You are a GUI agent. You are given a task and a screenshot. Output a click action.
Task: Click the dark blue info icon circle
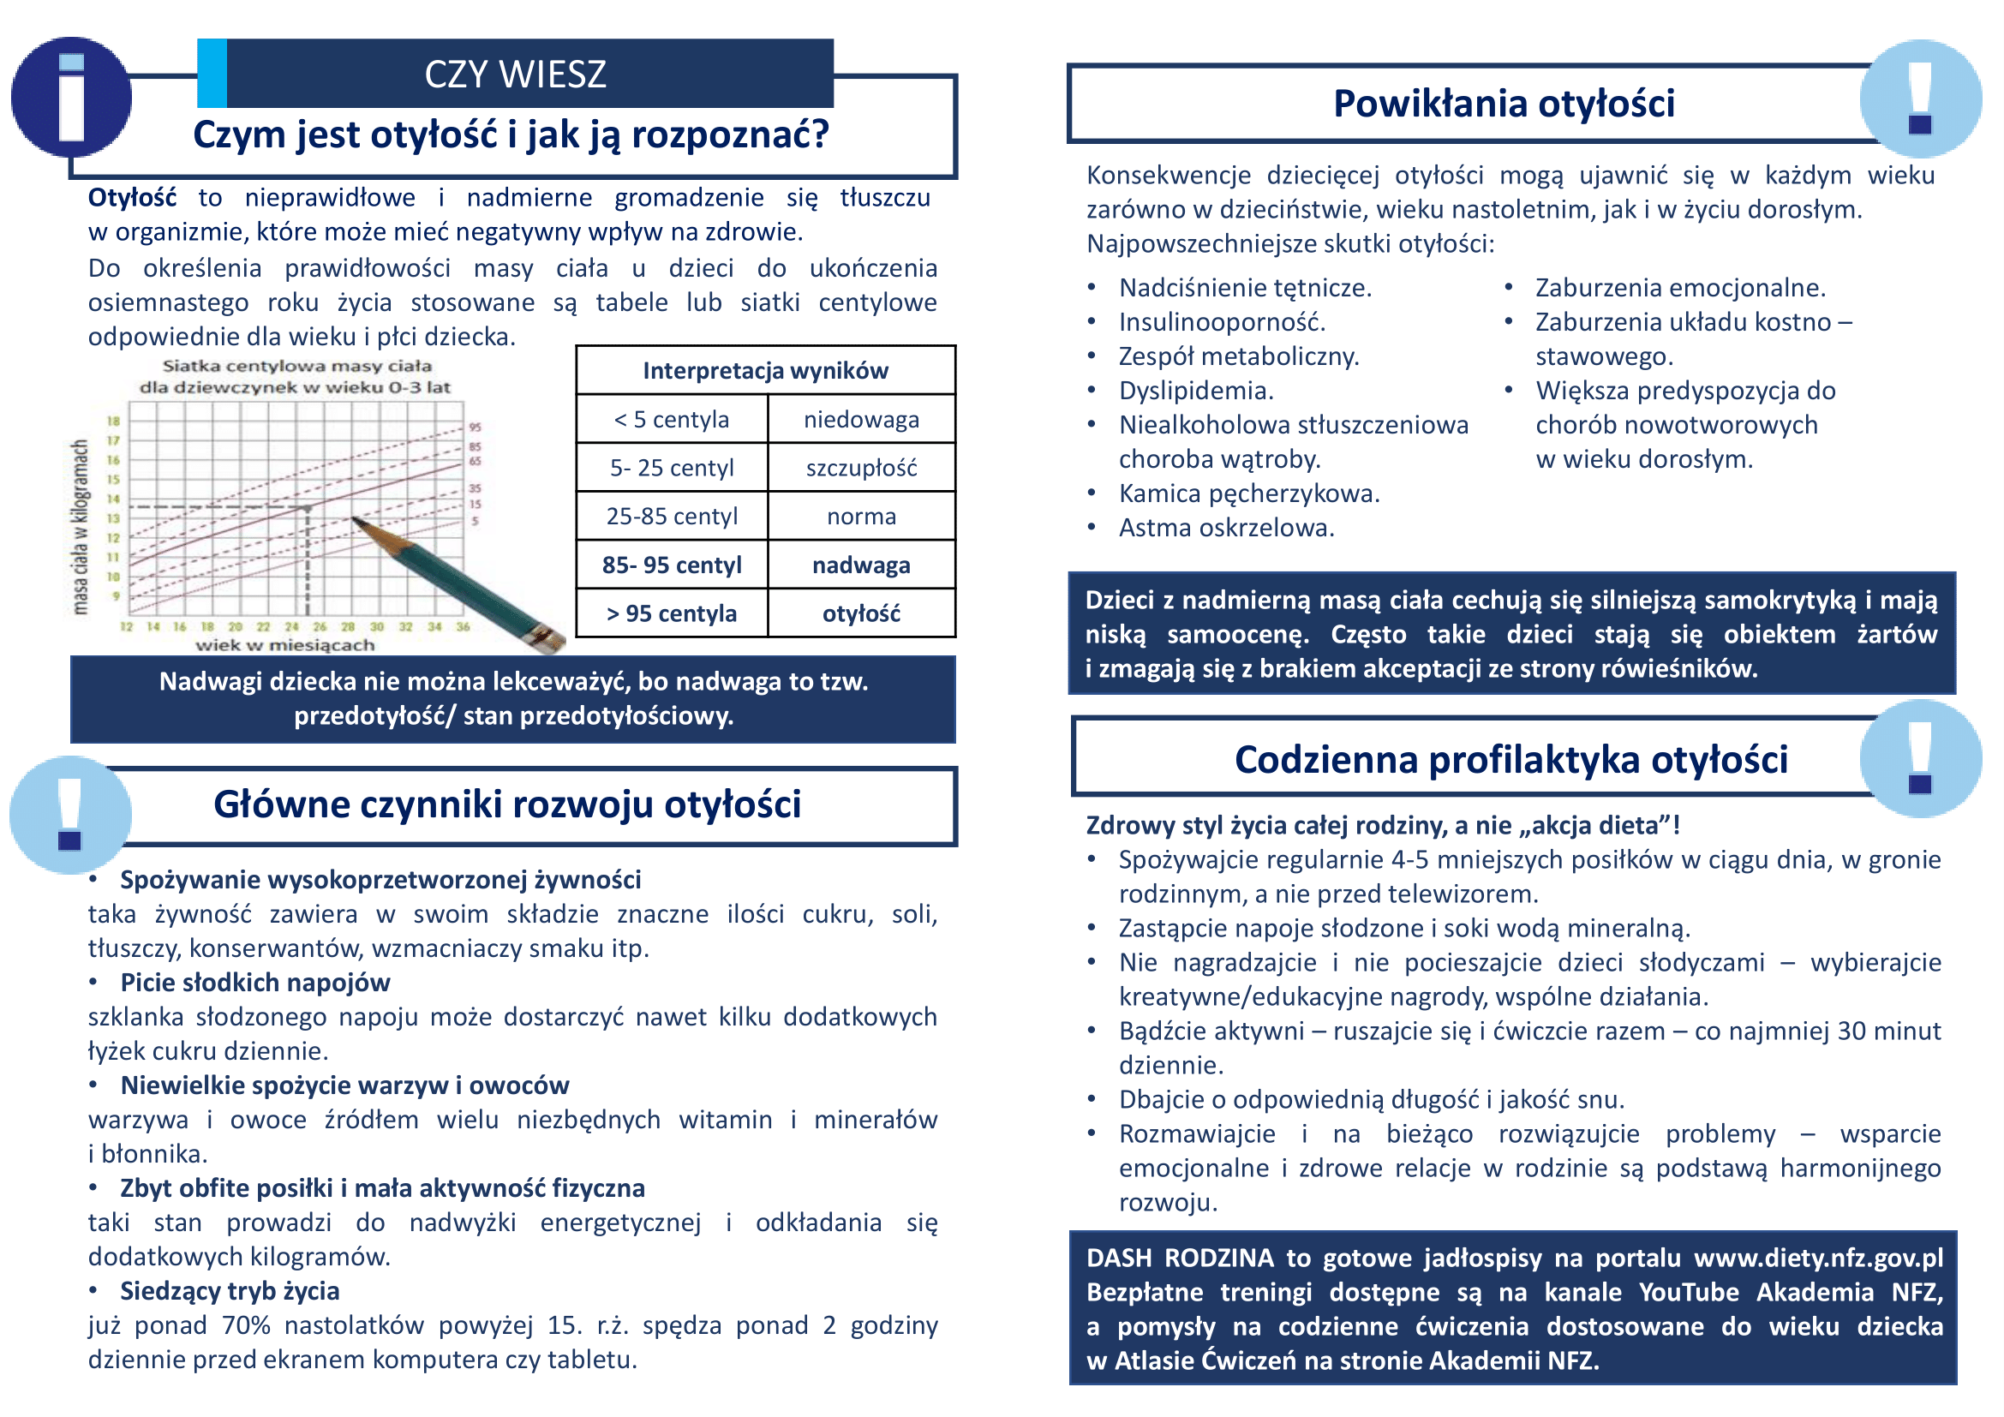pyautogui.click(x=71, y=97)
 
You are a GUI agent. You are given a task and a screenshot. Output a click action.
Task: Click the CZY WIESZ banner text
pyautogui.click(x=515, y=75)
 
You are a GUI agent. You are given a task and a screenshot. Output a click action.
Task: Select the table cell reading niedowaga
pyautogui.click(x=860, y=420)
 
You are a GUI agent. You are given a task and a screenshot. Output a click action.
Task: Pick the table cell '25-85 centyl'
pyautogui.click(x=671, y=517)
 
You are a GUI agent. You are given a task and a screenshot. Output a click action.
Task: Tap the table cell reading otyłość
pyautogui.click(x=860, y=613)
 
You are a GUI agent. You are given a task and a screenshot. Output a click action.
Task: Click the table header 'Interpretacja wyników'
pyautogui.click(x=764, y=371)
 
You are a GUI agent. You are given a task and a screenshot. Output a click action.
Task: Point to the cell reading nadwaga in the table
pyautogui.click(x=860, y=565)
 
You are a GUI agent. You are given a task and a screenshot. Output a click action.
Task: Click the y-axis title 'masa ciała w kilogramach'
pyautogui.click(x=81, y=527)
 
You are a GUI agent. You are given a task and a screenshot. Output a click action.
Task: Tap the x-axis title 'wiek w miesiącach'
pyautogui.click(x=284, y=646)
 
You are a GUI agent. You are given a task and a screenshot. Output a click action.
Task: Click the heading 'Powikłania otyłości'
pyautogui.click(x=1503, y=103)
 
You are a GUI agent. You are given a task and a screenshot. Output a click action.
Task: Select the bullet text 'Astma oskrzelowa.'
pyautogui.click(x=1226, y=528)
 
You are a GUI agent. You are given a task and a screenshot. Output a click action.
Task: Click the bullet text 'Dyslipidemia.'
pyautogui.click(x=1196, y=391)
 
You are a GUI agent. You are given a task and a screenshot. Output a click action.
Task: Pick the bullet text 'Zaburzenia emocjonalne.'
pyautogui.click(x=1680, y=288)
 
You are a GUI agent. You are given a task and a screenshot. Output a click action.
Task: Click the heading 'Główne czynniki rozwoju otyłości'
pyautogui.click(x=507, y=804)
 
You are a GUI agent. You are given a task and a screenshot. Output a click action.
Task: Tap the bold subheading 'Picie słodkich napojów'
pyautogui.click(x=254, y=983)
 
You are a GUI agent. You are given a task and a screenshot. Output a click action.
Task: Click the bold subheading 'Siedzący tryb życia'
pyautogui.click(x=230, y=1291)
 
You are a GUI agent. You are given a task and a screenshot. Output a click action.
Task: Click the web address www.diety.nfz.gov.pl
pyautogui.click(x=1818, y=1258)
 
